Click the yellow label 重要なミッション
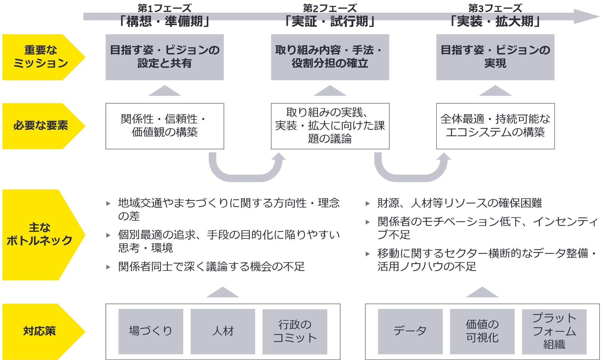pyautogui.click(x=41, y=57)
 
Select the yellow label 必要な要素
pyautogui.click(x=41, y=126)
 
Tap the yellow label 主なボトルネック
pyautogui.click(x=40, y=234)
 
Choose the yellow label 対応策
pyautogui.click(x=40, y=331)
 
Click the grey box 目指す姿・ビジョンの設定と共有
pyautogui.click(x=165, y=57)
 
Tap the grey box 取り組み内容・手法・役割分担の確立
pyautogui.click(x=330, y=57)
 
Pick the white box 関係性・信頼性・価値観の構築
pyautogui.click(x=165, y=126)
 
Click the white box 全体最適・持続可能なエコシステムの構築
pyautogui.click(x=495, y=126)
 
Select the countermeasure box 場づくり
pyautogui.click(x=151, y=331)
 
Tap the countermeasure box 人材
pyautogui.click(x=223, y=331)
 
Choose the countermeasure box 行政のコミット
pyautogui.click(x=295, y=331)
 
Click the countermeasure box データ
pyautogui.click(x=410, y=331)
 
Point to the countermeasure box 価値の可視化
pyautogui.click(x=482, y=331)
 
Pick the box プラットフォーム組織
pyautogui.click(x=554, y=331)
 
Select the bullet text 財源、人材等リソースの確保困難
pyautogui.click(x=460, y=203)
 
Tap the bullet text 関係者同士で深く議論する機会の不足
pyautogui.click(x=211, y=267)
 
